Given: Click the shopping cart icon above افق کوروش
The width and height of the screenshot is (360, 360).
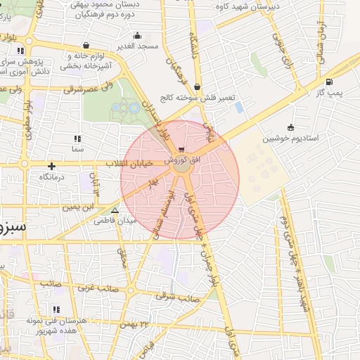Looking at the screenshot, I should point(182,150).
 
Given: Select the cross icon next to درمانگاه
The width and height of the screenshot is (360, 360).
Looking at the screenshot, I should point(51,166).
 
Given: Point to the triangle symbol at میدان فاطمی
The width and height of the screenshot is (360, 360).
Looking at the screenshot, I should point(115,210).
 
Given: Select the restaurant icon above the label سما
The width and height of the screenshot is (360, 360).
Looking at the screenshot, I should point(77,139).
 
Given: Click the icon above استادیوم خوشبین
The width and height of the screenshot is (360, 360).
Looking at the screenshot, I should point(291,127).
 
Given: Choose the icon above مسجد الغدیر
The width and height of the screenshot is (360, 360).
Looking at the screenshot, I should point(137,35).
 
